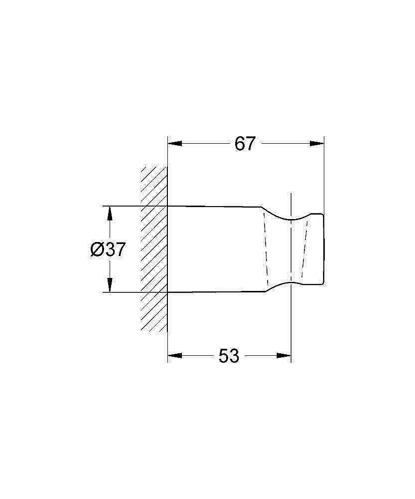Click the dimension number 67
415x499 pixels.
(245, 144)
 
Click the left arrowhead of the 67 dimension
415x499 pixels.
(175, 144)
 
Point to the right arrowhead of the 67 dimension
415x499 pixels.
(317, 144)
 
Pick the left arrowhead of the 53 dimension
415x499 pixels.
(175, 355)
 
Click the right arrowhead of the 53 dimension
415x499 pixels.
(284, 355)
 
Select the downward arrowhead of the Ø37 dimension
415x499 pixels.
(110, 285)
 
